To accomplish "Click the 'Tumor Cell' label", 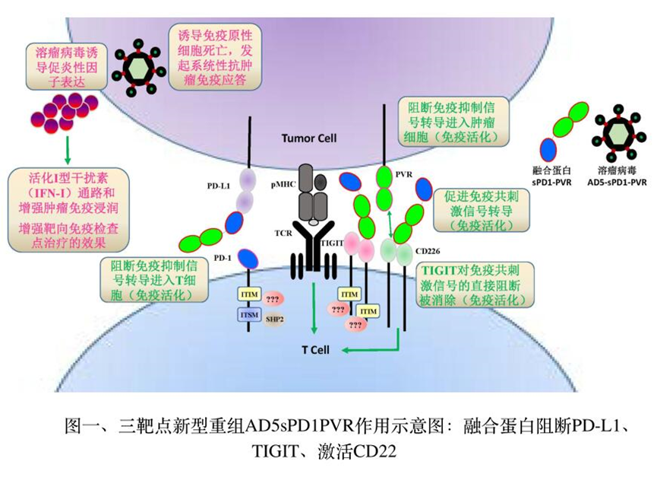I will (x=308, y=138).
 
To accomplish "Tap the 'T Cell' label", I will (x=314, y=351).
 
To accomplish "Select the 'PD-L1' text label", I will (x=218, y=185).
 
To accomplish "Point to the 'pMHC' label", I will (x=278, y=184).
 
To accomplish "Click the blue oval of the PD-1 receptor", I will (x=246, y=256).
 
